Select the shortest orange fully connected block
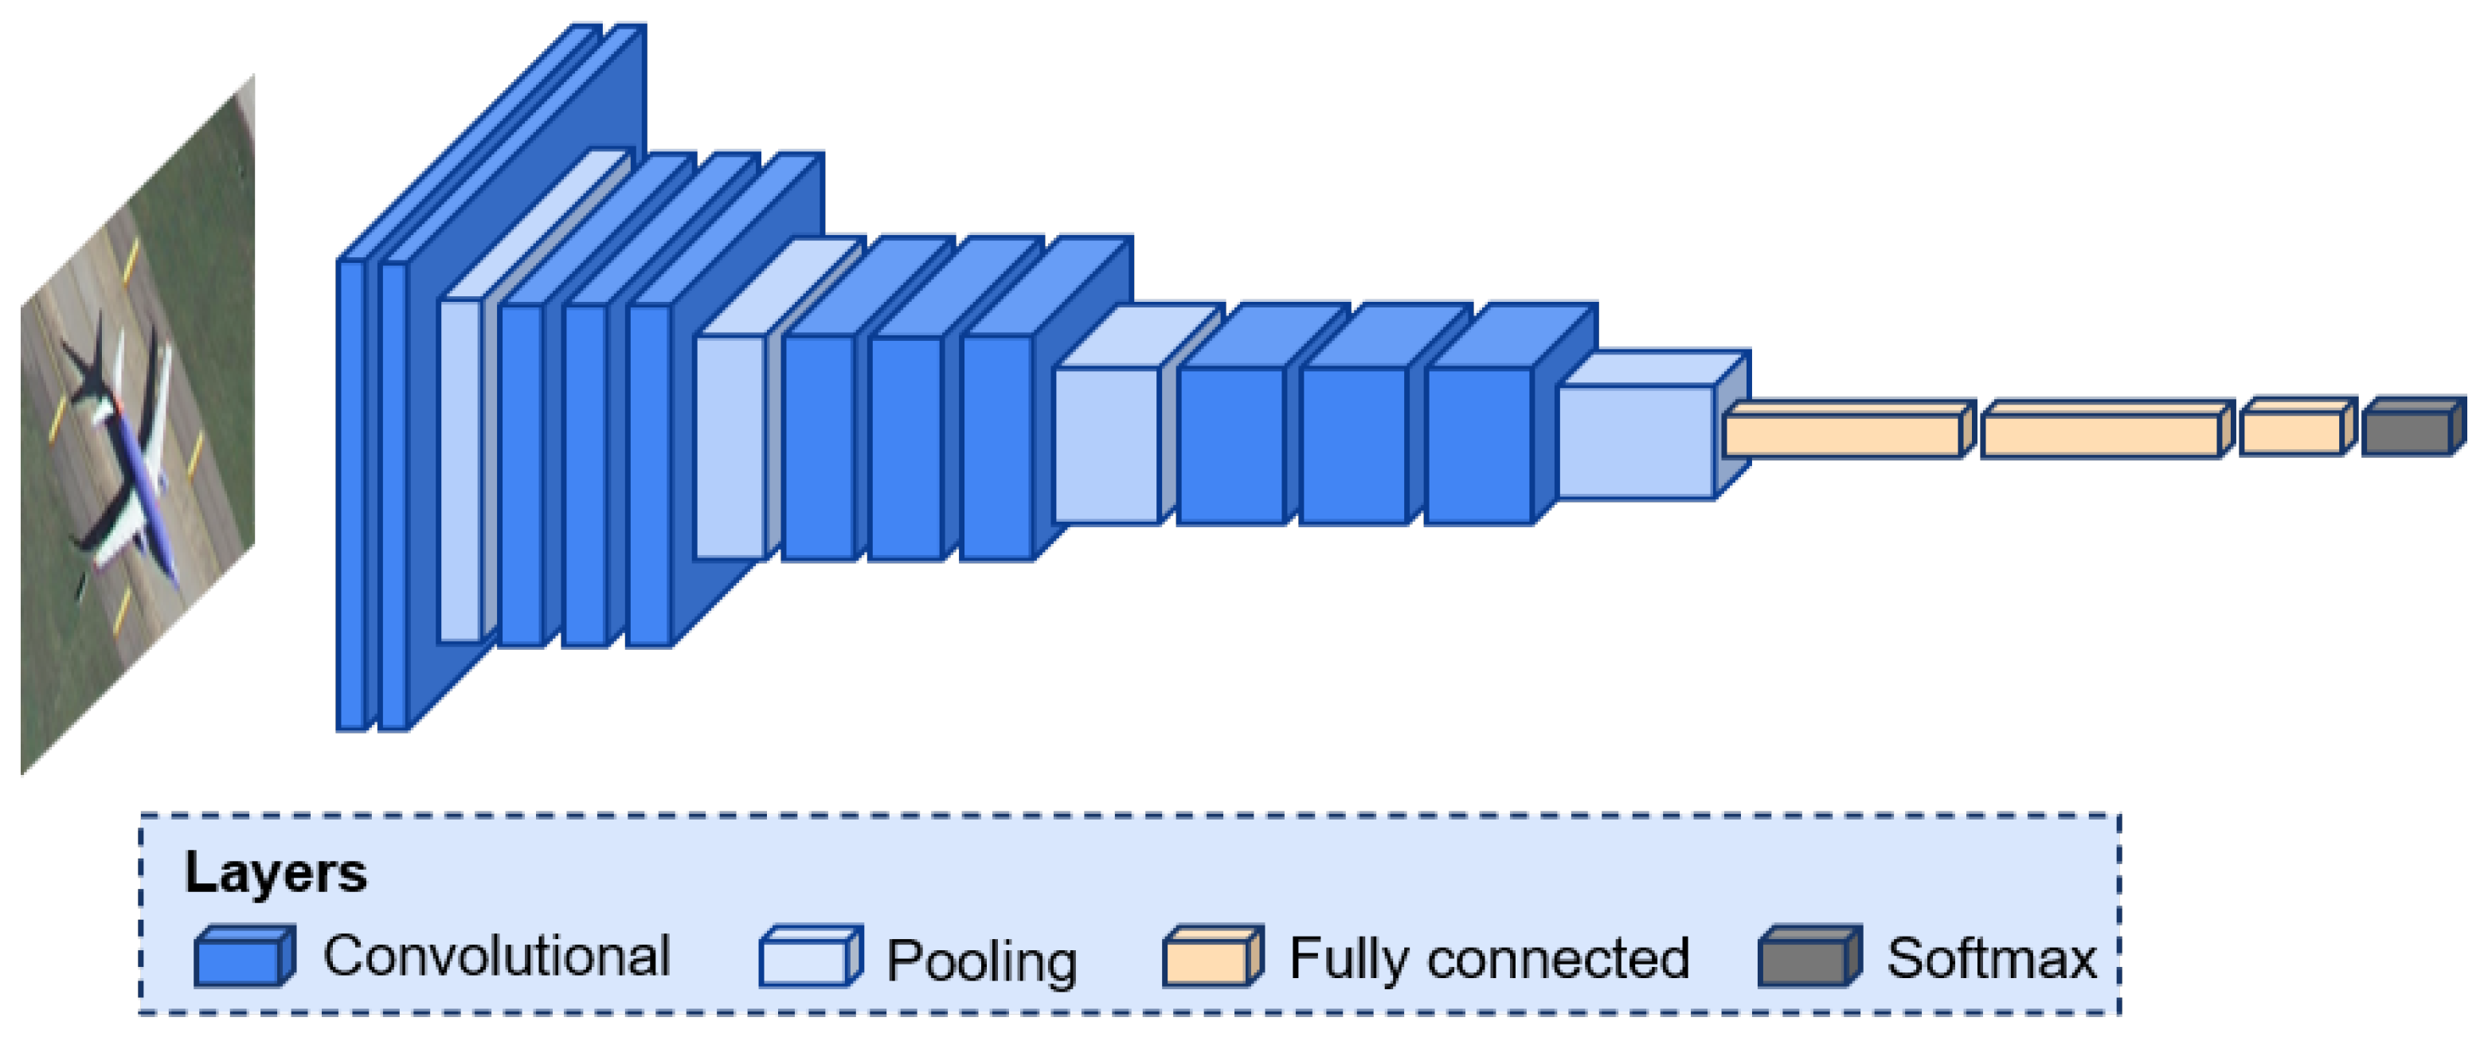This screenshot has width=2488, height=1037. (x=2291, y=432)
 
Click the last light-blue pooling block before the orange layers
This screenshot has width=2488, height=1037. (x=1635, y=442)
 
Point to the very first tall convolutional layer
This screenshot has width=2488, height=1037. (x=350, y=492)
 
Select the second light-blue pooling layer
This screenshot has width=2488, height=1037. (x=730, y=447)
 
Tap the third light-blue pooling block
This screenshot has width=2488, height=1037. (x=1106, y=444)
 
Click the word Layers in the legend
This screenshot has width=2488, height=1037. (x=276, y=873)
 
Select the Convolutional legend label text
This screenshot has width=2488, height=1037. (x=495, y=956)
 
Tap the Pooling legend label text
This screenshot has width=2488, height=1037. (x=981, y=961)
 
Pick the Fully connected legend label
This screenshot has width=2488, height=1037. (x=1488, y=958)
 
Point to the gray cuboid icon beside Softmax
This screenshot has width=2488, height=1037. (x=1806, y=958)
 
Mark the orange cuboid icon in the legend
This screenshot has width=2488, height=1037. (x=1211, y=958)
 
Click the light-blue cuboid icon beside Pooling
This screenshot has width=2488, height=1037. (x=808, y=958)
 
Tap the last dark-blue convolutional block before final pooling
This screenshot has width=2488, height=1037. (x=1477, y=444)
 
